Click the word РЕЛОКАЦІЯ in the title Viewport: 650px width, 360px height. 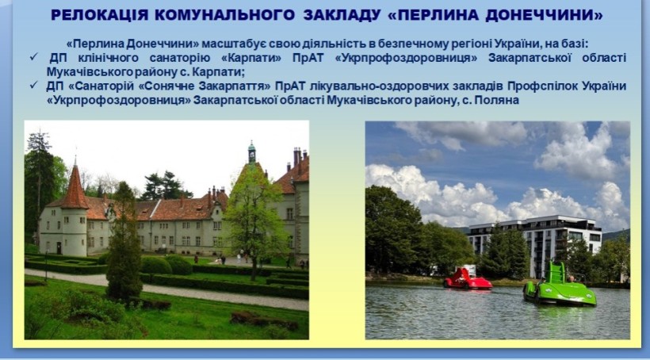(x=99, y=15)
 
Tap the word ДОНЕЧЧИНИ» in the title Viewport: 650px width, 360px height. (x=545, y=15)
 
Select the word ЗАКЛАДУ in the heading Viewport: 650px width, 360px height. (x=342, y=15)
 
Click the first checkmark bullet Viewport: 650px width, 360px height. (x=33, y=57)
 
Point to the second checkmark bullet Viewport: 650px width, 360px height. (x=33, y=86)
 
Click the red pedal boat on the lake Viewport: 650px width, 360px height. (x=467, y=279)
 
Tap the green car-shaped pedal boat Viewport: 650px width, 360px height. (x=559, y=286)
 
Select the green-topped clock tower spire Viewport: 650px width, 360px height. (x=251, y=153)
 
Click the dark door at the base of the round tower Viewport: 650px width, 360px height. (x=59, y=248)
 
